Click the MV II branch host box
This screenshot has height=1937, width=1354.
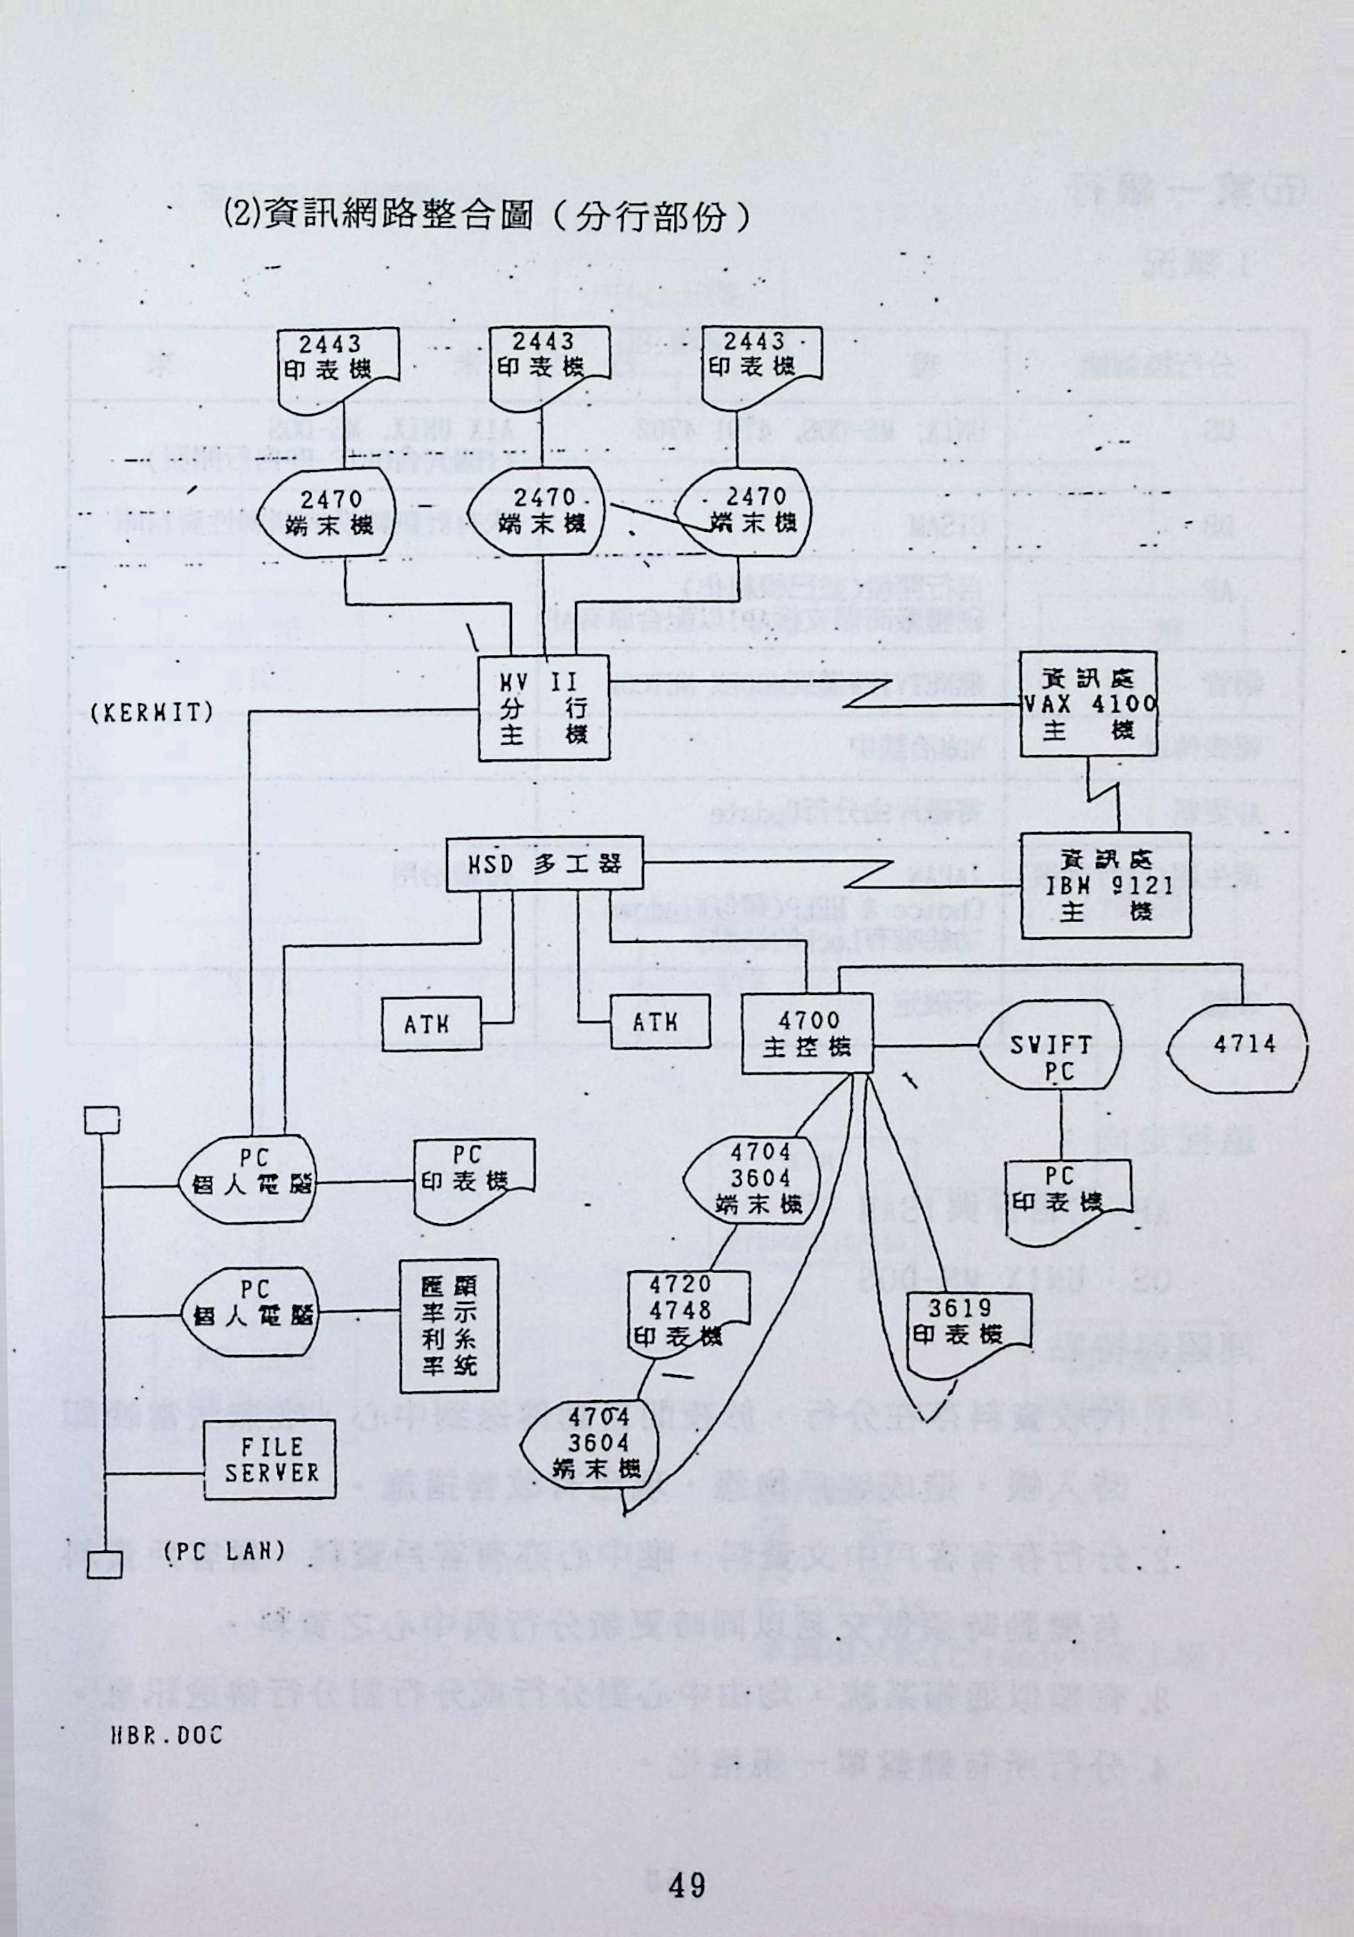point(542,707)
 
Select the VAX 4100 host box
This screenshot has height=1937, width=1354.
point(1088,704)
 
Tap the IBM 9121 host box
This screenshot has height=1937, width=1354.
point(1104,885)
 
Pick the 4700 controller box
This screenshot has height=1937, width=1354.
point(806,1034)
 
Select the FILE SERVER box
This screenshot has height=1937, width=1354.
point(270,1460)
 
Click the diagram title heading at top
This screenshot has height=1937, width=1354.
point(485,216)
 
